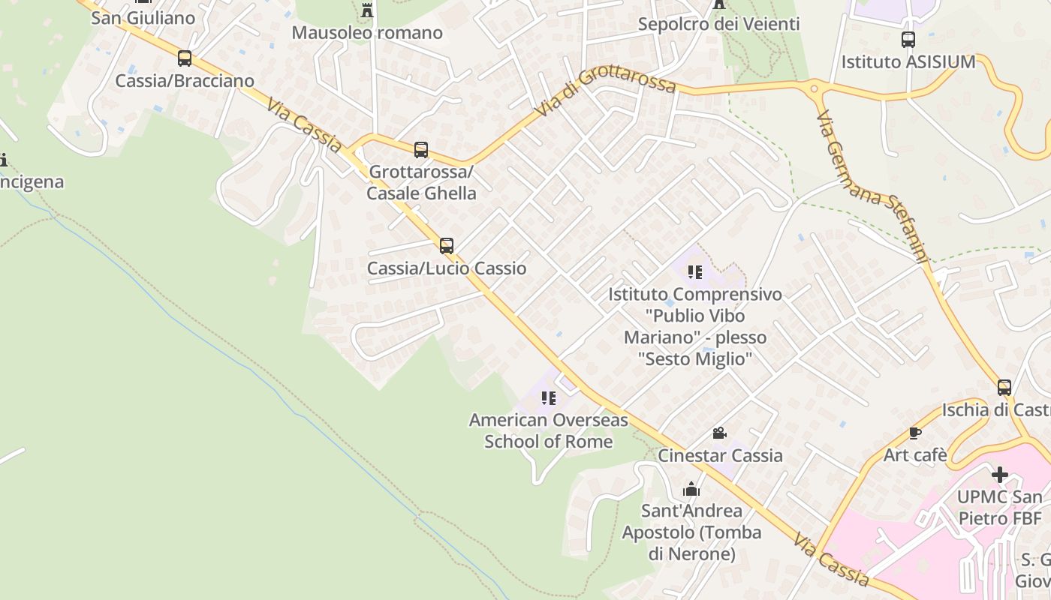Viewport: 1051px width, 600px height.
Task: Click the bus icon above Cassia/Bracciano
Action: click(x=185, y=58)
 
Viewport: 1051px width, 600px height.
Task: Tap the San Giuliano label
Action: click(x=143, y=18)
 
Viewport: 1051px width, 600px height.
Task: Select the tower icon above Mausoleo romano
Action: click(x=367, y=10)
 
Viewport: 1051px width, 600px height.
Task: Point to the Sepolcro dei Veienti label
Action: click(x=718, y=24)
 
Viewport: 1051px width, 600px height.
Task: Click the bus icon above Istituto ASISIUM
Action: click(x=908, y=40)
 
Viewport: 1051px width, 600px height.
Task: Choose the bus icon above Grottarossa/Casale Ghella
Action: click(x=421, y=150)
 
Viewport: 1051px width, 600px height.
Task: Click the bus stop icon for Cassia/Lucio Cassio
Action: click(x=447, y=246)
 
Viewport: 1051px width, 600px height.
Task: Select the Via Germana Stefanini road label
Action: click(x=872, y=188)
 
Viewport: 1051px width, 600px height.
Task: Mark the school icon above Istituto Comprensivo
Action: click(x=695, y=272)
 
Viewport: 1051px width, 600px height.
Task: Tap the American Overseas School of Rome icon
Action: click(x=549, y=398)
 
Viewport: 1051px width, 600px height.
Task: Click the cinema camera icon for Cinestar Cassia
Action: click(x=719, y=433)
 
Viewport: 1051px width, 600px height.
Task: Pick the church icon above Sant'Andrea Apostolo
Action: click(x=691, y=490)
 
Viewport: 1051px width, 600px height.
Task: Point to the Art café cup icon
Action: click(x=915, y=433)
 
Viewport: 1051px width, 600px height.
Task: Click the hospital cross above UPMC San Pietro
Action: click(x=999, y=475)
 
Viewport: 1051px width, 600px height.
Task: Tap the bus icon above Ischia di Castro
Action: click(x=1004, y=388)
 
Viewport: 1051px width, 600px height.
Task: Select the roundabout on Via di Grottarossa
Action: click(x=816, y=88)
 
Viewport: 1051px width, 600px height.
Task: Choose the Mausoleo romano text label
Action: click(x=367, y=33)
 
